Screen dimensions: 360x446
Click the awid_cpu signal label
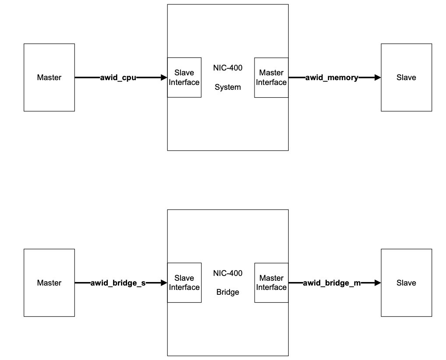118,78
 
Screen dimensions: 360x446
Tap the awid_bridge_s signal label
118,283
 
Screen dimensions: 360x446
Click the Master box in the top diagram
49,78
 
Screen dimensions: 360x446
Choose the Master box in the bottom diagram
49,282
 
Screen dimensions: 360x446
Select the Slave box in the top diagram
406,78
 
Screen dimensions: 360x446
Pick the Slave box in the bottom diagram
406,282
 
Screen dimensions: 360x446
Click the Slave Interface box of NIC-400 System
184,78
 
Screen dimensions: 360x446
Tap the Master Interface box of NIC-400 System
271,78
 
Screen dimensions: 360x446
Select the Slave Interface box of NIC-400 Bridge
184,282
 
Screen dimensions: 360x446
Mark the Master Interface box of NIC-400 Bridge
271,282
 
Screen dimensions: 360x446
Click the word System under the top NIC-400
228,87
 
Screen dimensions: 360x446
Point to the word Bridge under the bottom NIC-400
228,292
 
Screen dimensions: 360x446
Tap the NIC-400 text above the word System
228,68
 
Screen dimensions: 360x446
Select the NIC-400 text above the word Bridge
228,273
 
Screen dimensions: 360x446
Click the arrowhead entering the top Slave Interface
164,78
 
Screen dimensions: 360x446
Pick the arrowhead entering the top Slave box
378,78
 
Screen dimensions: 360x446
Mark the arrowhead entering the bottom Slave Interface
164,283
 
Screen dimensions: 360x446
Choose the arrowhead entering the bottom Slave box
378,283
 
